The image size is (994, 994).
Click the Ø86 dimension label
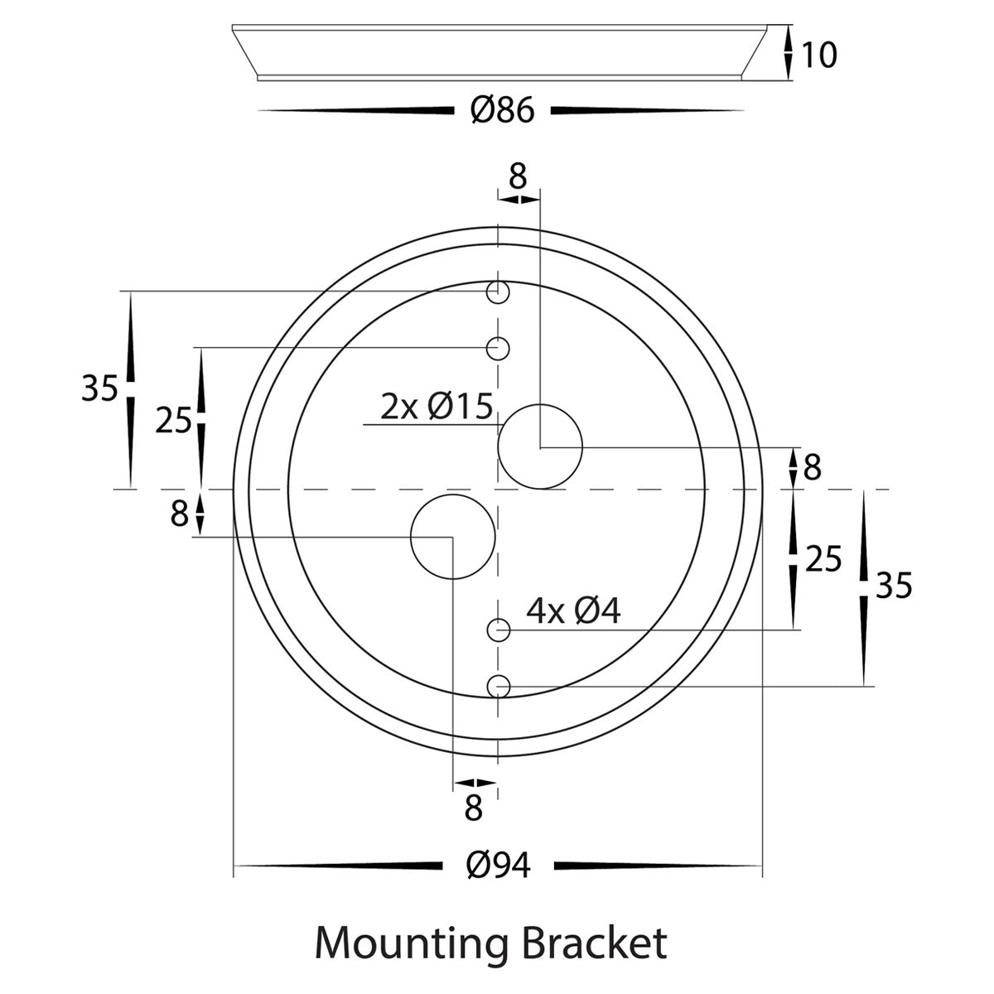point(503,110)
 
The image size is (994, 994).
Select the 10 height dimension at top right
point(819,55)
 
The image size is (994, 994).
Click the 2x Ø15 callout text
point(437,407)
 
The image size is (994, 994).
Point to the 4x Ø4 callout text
point(573,611)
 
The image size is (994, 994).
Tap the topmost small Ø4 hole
point(498,292)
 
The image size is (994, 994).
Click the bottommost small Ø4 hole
point(498,686)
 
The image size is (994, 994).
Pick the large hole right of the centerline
point(540,446)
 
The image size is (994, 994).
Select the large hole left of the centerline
point(453,537)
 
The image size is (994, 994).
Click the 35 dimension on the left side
point(99,388)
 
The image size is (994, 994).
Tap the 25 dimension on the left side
point(173,421)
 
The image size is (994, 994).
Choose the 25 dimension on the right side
point(823,560)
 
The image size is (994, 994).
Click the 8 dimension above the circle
point(518,176)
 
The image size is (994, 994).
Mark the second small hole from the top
point(498,348)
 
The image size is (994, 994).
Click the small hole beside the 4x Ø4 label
point(498,630)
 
